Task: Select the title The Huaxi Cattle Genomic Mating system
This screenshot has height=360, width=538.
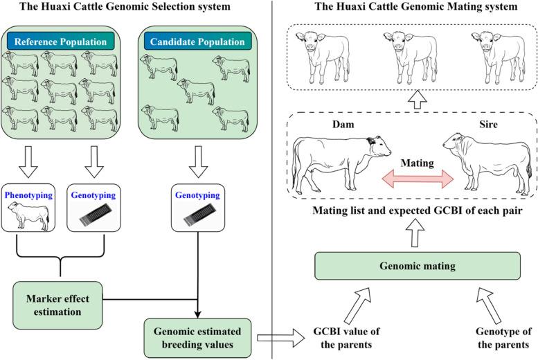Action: pos(407,8)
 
